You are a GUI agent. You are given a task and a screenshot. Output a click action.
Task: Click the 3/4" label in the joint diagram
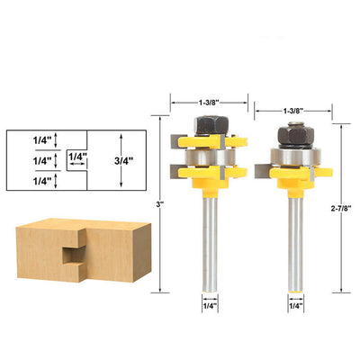pos(123,161)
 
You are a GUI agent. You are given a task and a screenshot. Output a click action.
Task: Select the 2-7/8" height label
pos(341,209)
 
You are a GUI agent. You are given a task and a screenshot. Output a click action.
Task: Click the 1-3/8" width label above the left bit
pos(208,103)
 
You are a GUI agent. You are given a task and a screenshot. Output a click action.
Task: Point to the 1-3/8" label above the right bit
pos(292,111)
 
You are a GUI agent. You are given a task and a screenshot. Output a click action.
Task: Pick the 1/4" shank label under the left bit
pos(210,306)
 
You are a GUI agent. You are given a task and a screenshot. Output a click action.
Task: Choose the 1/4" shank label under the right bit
pos(296,306)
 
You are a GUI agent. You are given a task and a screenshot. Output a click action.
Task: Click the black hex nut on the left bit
pos(211,124)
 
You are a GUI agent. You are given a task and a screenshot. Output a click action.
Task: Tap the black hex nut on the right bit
pos(296,136)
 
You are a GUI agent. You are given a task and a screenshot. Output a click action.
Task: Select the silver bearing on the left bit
pos(210,157)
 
